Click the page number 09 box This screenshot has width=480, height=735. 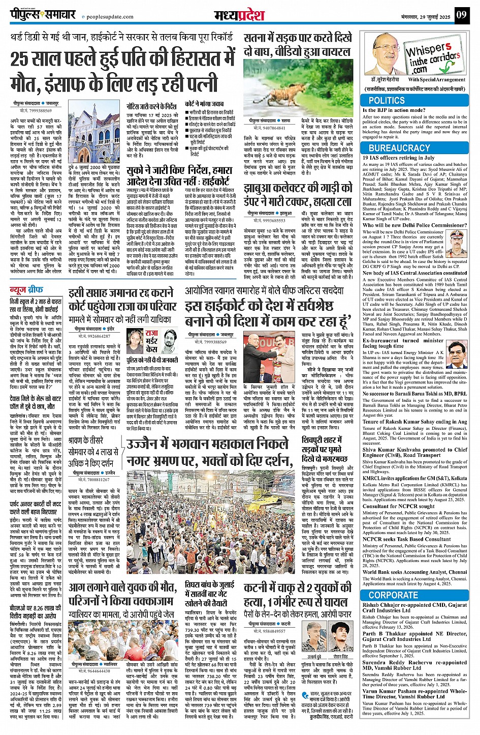click(461, 14)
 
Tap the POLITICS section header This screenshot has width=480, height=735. click(387, 101)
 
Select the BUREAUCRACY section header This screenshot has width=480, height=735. click(399, 148)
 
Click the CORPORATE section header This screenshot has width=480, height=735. click(393, 595)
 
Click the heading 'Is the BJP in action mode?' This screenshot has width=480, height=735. click(394, 110)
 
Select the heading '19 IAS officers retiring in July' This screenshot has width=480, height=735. click(399, 158)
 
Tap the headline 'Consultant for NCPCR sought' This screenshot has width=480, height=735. click(398, 506)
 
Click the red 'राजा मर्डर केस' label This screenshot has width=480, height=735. click(151, 341)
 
